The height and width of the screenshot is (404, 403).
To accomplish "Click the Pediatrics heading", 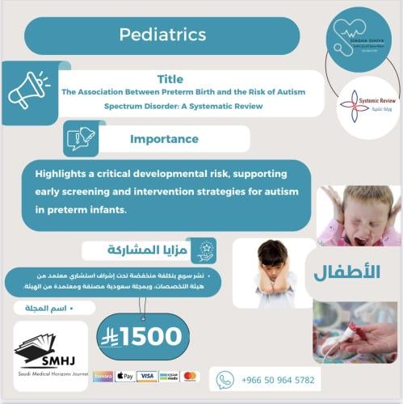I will click(162, 35).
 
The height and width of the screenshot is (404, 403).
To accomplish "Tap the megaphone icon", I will click(28, 90).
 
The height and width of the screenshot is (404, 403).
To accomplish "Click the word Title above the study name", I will click(169, 80).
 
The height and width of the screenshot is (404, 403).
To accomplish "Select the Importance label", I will click(164, 139).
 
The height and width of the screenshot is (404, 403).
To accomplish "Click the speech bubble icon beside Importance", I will click(80, 139).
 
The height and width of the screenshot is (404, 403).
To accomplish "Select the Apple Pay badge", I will click(125, 377).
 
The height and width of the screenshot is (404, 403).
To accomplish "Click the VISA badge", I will click(147, 377).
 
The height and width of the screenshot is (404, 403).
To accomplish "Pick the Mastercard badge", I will click(191, 377).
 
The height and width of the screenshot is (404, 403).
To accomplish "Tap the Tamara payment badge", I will click(103, 377).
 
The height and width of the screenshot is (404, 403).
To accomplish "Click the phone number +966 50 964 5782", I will click(276, 379).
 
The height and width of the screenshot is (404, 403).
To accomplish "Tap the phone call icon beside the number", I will click(225, 379).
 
